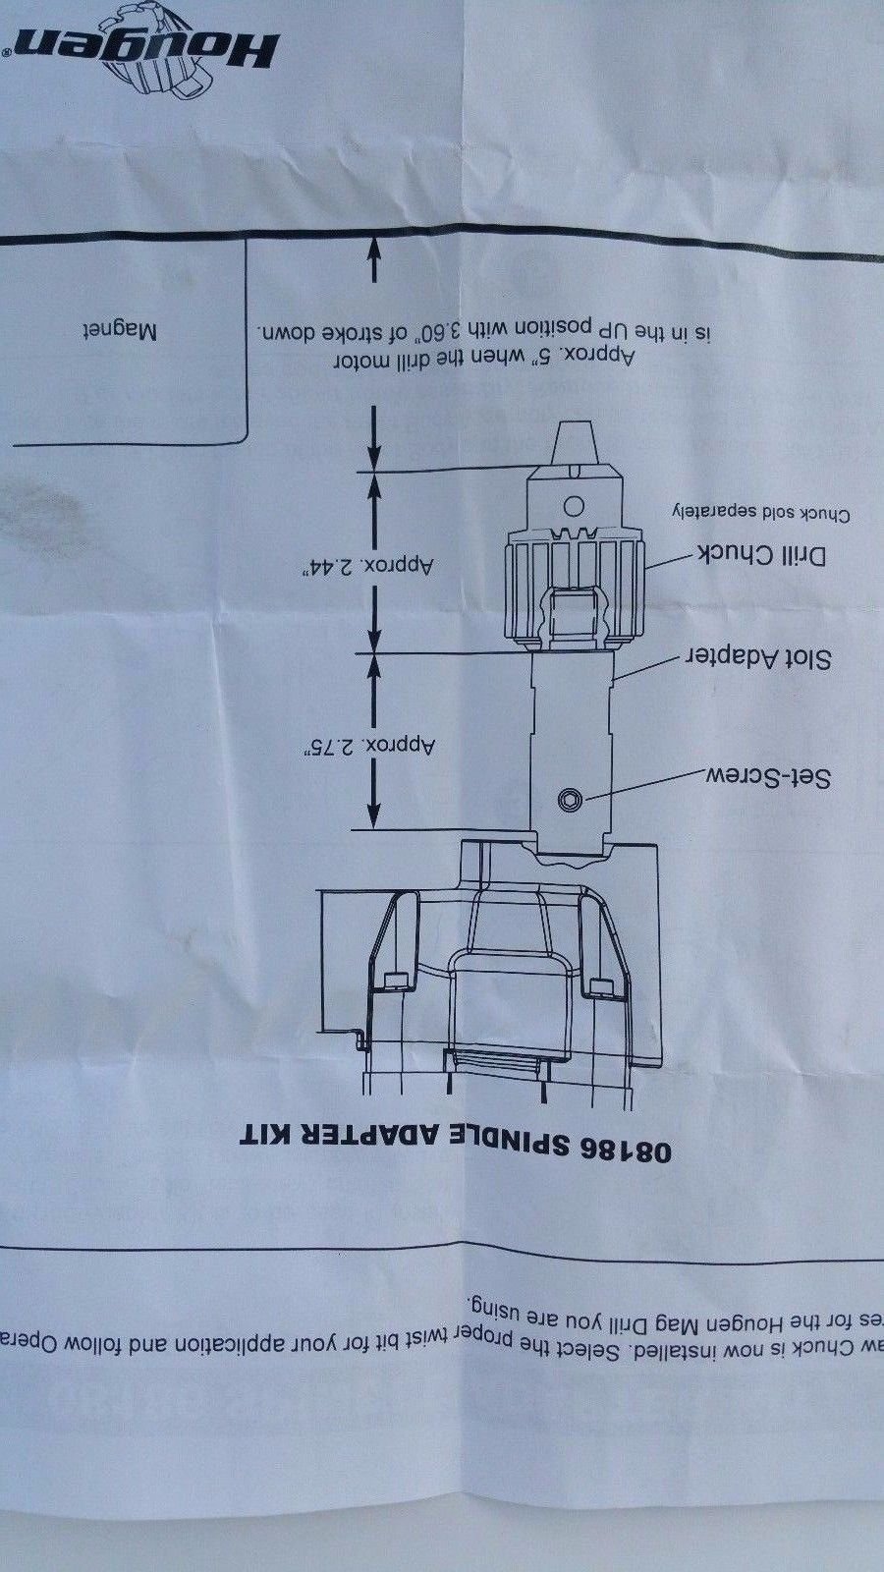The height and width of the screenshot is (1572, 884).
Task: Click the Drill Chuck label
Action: point(761,555)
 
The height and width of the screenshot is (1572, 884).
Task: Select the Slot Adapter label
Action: point(757,657)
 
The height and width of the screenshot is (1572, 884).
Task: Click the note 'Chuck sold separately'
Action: point(760,513)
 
